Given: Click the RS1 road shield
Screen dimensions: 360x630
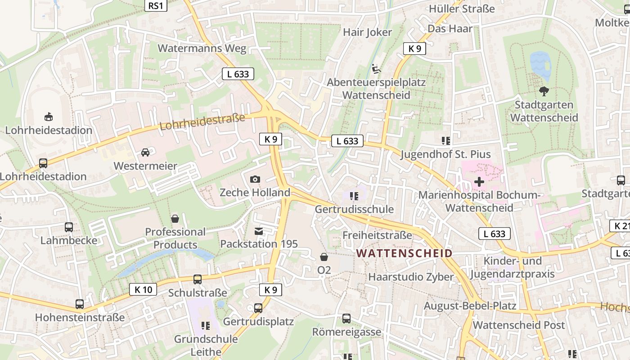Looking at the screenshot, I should click(x=156, y=5).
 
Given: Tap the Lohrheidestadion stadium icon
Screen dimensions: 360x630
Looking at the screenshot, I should click(x=48, y=117).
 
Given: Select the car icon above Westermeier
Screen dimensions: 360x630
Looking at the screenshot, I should click(x=145, y=153).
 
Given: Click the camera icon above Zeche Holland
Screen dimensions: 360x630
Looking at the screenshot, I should click(x=255, y=179).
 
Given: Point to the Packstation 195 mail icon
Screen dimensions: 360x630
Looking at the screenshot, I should click(x=259, y=231).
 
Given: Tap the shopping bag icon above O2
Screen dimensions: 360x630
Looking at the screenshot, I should click(x=324, y=257).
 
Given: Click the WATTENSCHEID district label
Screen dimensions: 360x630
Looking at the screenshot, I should click(x=404, y=253).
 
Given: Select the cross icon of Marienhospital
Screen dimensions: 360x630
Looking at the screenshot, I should click(x=479, y=182).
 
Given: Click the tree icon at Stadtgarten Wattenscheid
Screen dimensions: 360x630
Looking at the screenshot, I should click(x=544, y=91).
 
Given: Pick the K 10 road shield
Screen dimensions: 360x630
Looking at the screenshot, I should click(x=144, y=289).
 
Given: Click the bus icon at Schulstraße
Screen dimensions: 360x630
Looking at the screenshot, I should click(x=198, y=279).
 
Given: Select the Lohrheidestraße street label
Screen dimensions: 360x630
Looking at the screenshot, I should click(x=202, y=122).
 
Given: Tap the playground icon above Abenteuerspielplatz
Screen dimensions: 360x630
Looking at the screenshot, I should click(x=376, y=69).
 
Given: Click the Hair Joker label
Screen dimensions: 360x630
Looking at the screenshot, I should click(x=367, y=32).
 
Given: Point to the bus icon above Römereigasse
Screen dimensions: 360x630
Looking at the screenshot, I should click(x=346, y=319).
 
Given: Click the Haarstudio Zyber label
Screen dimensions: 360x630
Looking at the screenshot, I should click(x=411, y=277).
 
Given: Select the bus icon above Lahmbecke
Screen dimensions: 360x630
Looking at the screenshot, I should click(x=69, y=227).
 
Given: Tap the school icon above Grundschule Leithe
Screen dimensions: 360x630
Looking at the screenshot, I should click(x=206, y=325).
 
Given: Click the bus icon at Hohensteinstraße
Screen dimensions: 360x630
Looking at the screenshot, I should click(x=80, y=304).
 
